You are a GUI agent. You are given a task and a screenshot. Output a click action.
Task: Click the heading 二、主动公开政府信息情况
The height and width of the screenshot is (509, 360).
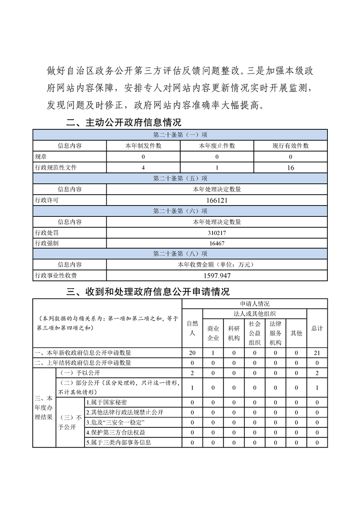[123, 122]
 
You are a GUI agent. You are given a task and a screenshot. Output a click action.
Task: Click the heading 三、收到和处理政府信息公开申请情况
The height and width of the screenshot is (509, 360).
[148, 292]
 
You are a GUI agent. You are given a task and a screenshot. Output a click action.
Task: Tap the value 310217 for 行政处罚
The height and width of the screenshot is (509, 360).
[217, 233]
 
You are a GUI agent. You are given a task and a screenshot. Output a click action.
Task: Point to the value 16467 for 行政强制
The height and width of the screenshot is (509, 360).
[217, 243]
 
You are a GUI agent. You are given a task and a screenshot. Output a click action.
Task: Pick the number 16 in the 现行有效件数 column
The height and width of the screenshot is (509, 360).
[291, 168]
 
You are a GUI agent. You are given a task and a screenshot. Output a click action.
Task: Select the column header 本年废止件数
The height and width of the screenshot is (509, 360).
[217, 146]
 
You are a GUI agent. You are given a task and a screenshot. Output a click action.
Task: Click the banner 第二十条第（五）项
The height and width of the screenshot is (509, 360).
[180, 178]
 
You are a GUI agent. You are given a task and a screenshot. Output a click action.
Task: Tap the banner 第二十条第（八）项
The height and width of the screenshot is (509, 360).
[180, 254]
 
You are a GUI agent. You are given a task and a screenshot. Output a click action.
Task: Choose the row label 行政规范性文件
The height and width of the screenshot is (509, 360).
[56, 168]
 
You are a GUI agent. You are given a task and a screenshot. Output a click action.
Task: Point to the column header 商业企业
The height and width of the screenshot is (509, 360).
[213, 333]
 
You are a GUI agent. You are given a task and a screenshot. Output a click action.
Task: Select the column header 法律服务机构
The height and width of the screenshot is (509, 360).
[276, 333]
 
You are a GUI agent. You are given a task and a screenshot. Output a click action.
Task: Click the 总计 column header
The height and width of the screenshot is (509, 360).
[317, 328]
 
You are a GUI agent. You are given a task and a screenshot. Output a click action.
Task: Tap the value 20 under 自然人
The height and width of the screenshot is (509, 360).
[192, 352]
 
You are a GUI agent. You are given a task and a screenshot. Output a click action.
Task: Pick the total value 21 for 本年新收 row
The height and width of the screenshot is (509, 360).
[317, 352]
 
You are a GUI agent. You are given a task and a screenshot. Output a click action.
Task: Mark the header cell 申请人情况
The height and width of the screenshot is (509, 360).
[255, 304]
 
